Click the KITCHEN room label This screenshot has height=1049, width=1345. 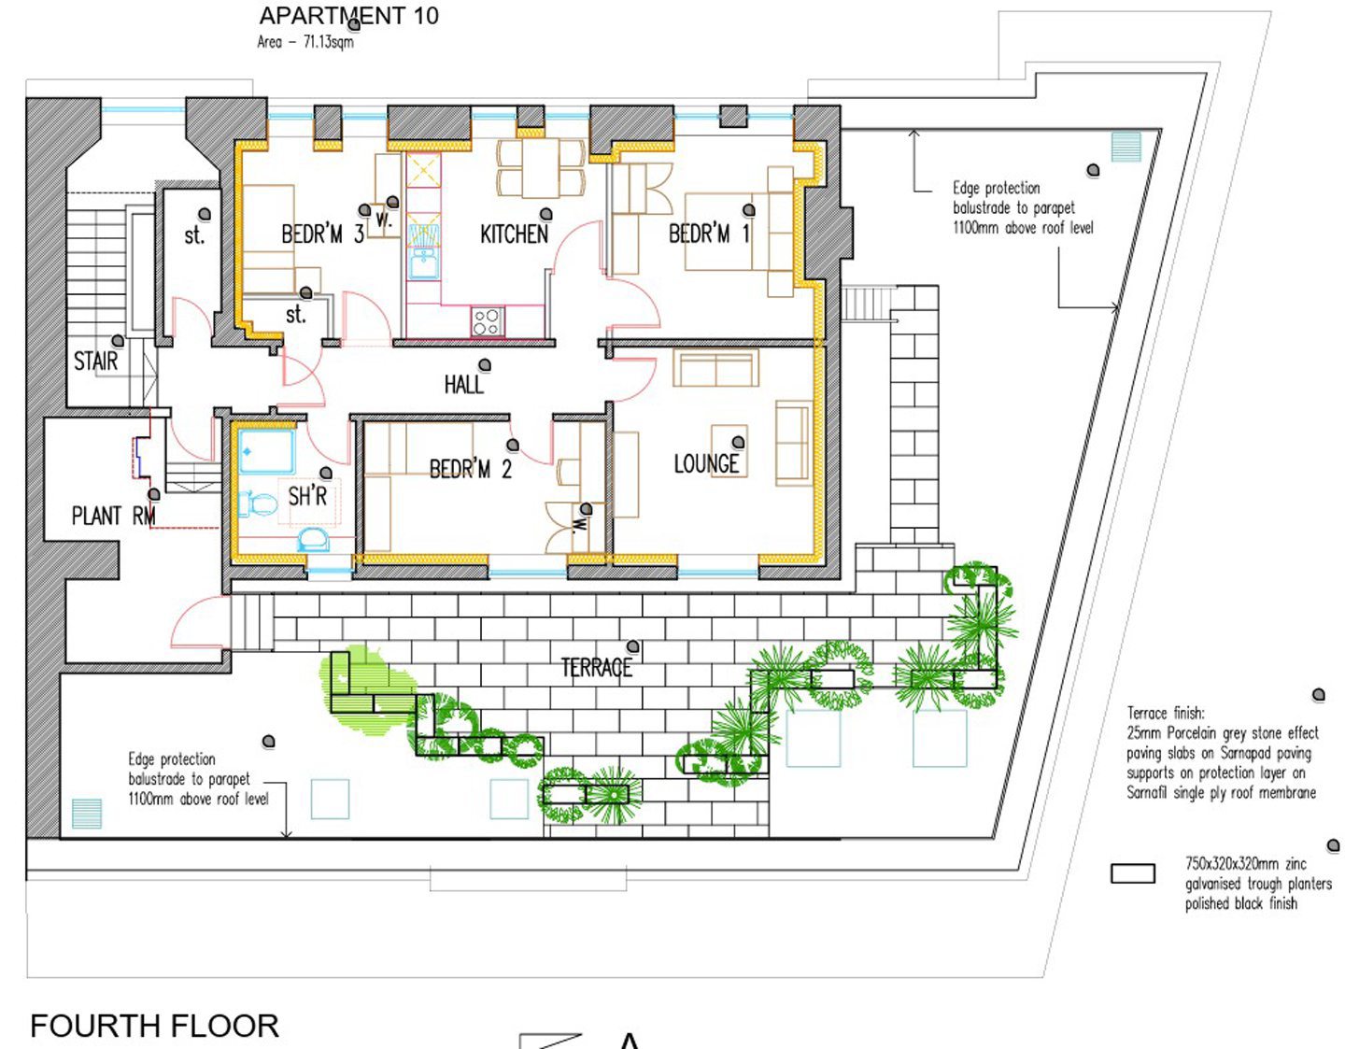[514, 234]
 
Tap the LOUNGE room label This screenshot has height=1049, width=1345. [706, 464]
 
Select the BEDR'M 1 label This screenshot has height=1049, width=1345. [709, 234]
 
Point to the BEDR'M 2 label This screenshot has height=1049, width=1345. [470, 469]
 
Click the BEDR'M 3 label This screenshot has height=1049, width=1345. [322, 234]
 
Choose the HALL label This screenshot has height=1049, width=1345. [463, 384]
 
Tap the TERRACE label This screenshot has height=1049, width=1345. [596, 668]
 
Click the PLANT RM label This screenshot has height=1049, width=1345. [113, 516]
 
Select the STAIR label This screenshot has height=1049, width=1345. [95, 361]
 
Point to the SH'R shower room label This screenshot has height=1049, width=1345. [307, 497]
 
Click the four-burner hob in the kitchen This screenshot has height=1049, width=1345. [487, 322]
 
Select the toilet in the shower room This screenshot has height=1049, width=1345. [258, 505]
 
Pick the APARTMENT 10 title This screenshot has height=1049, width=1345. [348, 16]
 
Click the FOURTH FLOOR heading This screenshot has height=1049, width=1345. [154, 1026]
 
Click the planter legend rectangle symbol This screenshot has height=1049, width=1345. [1132, 873]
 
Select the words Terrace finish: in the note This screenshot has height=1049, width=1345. [1165, 713]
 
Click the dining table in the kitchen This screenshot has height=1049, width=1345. [541, 167]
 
